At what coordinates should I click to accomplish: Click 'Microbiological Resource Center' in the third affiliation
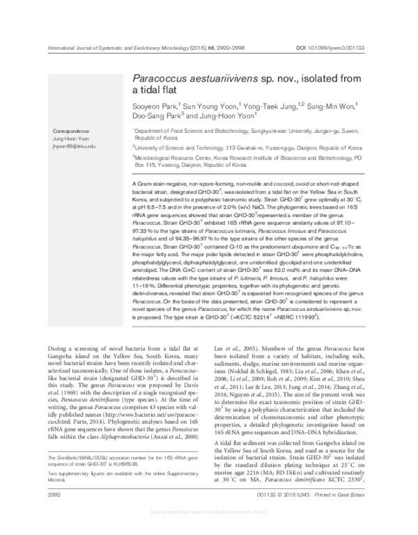click(x=173, y=159)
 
